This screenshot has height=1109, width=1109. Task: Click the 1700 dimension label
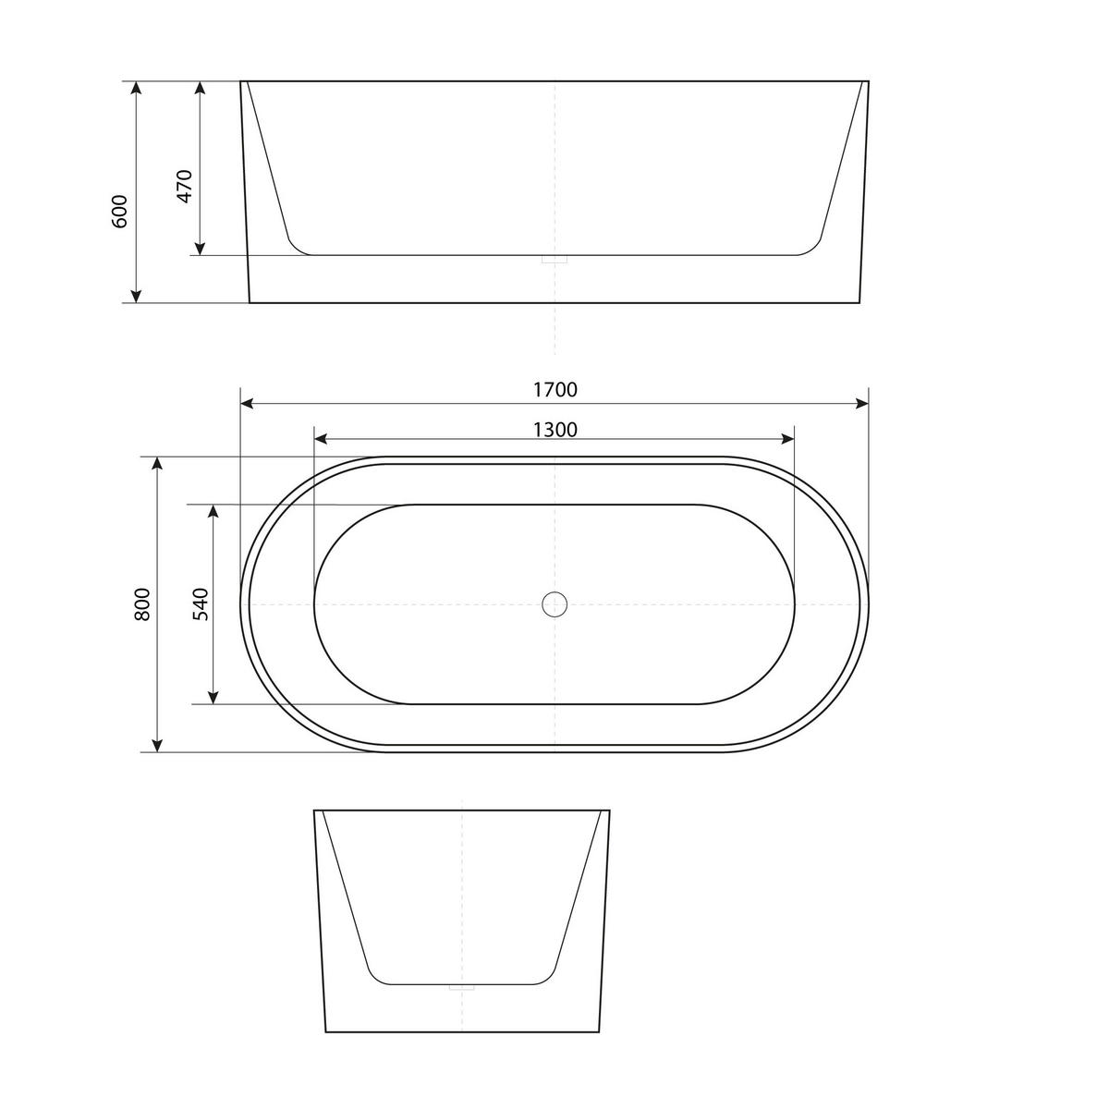[x=554, y=389]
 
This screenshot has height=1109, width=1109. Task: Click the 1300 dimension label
[x=554, y=429]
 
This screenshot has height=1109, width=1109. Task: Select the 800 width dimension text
[x=141, y=603]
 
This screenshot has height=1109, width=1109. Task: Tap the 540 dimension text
[x=201, y=603]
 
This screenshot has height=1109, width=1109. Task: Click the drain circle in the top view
[x=554, y=604]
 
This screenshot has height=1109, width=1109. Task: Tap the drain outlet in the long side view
[x=554, y=261]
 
